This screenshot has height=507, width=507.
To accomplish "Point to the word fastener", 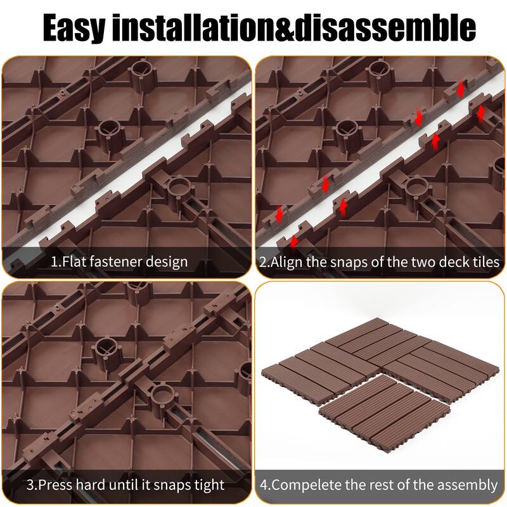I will coord(119,261).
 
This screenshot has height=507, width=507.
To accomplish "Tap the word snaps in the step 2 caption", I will coord(341,261).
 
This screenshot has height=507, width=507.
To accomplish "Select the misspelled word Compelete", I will coord(304,485).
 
